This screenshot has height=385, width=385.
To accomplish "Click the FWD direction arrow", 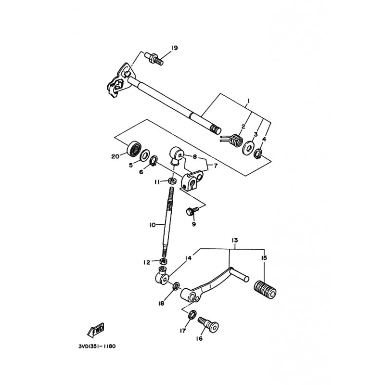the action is pos(96,330).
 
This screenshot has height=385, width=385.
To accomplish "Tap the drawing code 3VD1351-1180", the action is pos(97,346).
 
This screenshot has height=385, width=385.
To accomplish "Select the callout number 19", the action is pos(174,48).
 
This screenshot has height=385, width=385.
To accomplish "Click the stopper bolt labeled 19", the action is pos(154,59).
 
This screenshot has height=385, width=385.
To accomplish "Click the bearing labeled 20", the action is pos(134,148).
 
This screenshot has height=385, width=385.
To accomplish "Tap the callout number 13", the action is pos(234,240).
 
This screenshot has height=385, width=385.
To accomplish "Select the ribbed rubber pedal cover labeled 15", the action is pos(265,291).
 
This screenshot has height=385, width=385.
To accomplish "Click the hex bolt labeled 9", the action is pos(192,211).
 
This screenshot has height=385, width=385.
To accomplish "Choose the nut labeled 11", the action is pos(172,181).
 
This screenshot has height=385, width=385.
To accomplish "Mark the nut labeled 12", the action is pos(163,261).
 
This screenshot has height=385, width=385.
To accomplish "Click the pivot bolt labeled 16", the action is pos(208,325).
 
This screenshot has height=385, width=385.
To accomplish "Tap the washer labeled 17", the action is pos(192,314).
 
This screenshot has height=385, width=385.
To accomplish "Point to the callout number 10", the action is pos(153,224).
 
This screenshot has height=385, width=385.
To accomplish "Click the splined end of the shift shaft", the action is pos(215,129).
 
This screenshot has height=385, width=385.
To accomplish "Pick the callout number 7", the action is pos(215,166).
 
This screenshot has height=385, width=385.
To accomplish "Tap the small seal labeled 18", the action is pos(176,286).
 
